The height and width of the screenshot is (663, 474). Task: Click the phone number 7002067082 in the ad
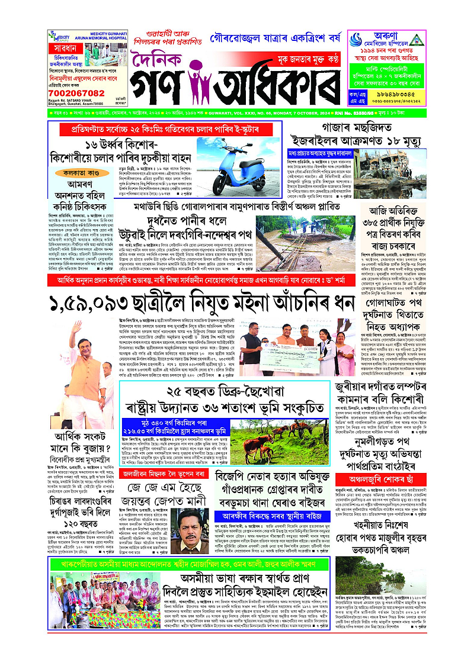coord(80,93)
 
